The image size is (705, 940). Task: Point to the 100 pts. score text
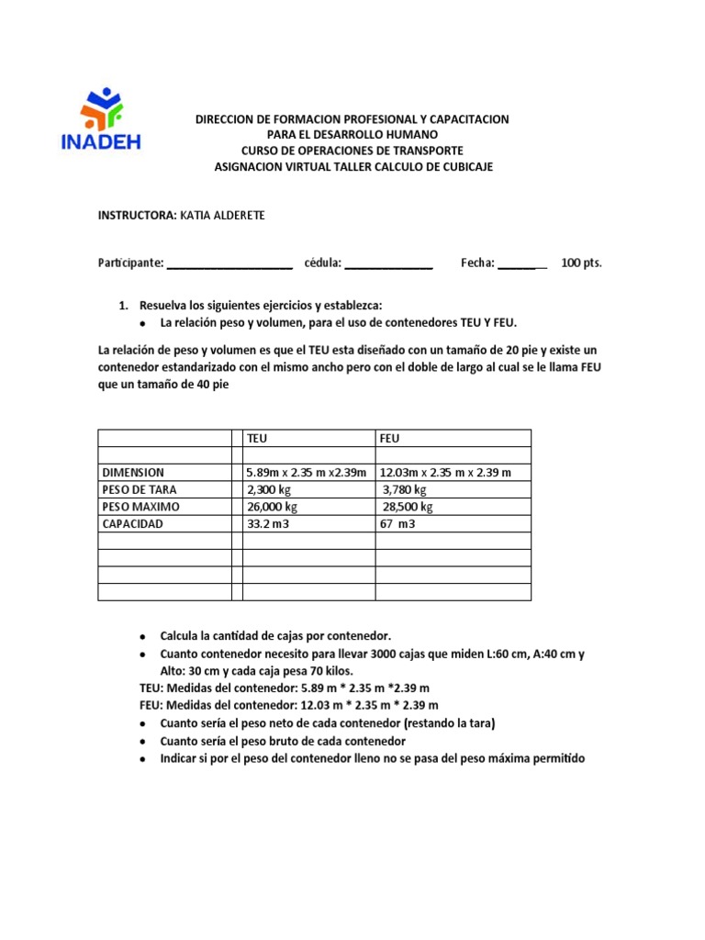click(x=581, y=263)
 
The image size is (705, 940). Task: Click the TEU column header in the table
click(x=257, y=439)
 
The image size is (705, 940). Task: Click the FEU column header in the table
click(x=389, y=439)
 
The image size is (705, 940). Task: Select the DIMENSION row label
click(x=133, y=473)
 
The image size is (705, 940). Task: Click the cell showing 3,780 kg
click(x=405, y=490)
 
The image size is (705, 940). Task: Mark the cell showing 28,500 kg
click(x=408, y=507)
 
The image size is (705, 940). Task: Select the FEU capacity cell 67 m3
click(x=397, y=524)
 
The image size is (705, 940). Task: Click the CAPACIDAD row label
click(x=132, y=524)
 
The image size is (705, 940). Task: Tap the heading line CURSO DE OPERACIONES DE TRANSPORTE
click(x=352, y=151)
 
